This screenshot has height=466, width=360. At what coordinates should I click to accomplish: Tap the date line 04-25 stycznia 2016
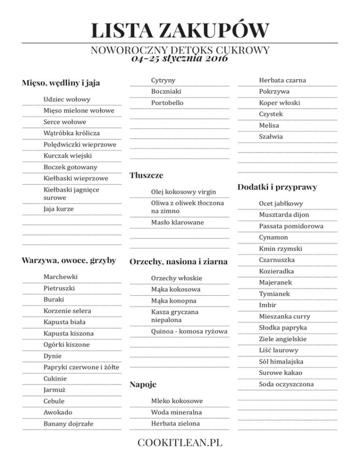tap(180, 59)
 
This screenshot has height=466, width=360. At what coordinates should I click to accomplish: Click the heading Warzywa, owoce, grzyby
tap(69, 260)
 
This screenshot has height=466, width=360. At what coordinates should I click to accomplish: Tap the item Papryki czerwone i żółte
tap(81, 367)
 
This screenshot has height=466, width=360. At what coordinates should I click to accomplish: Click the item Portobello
tap(167, 103)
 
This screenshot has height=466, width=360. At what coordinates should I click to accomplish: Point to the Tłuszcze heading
tap(147, 176)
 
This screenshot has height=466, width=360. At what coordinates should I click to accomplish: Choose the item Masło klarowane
tap(177, 222)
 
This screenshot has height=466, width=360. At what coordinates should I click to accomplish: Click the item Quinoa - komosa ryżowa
tap(189, 331)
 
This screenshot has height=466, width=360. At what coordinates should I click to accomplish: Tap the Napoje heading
tap(143, 385)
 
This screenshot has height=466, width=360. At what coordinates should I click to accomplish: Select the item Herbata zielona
tap(175, 423)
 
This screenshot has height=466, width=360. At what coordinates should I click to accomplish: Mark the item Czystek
tap(271, 114)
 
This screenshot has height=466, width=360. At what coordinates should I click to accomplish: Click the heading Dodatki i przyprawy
tap(277, 187)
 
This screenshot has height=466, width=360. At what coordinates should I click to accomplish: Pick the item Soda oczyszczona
tap(286, 384)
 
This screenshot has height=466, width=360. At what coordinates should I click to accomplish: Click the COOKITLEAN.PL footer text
tap(180, 443)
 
